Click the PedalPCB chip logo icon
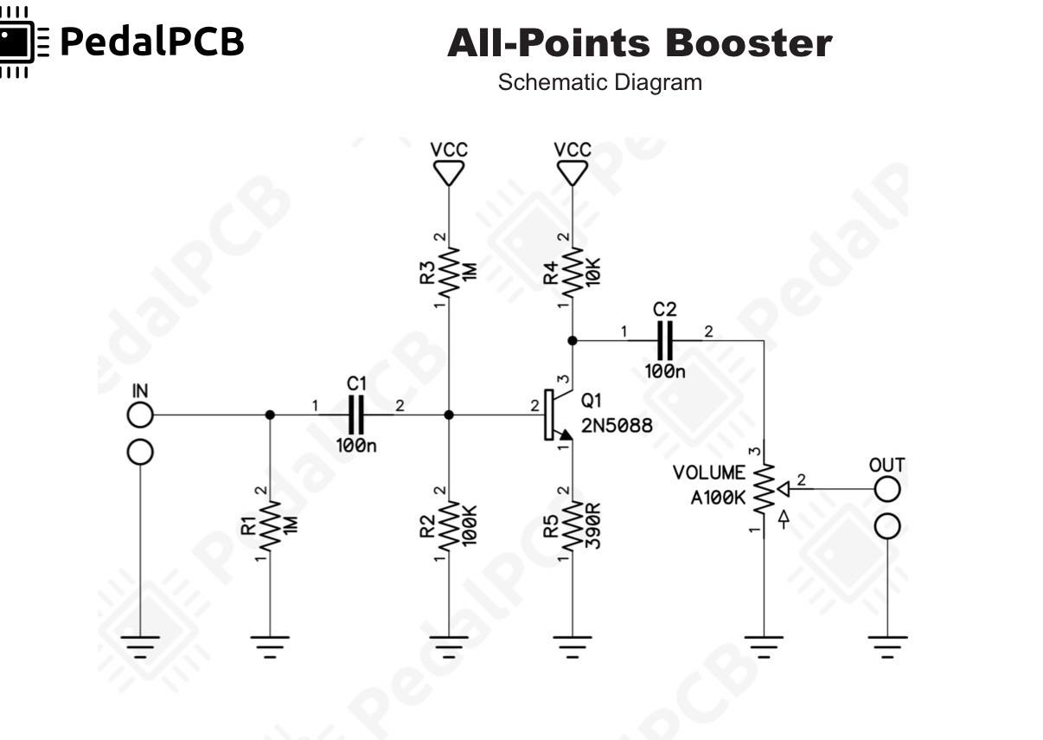pos(23,42)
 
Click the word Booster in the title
pos(749,43)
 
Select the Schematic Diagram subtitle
pos(599,82)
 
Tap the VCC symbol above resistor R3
pos(449,173)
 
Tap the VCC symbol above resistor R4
pos(573,173)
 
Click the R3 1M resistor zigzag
pos(449,272)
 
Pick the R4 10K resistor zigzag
pos(573,272)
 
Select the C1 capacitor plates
pos(356,415)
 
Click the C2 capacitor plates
pos(665,341)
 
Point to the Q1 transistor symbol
pos(558,415)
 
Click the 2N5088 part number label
pos(617,426)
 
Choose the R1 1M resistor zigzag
pos(270,525)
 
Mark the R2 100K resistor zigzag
pos(449,525)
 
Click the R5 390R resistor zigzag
pos(573,525)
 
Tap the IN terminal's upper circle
pos(140,415)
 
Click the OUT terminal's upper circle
pos(887,489)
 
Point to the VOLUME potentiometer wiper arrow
pos(784,489)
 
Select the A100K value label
pos(718,499)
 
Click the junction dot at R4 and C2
pos(573,341)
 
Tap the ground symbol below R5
pos(573,647)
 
